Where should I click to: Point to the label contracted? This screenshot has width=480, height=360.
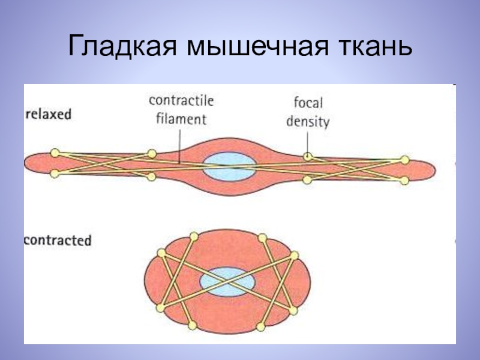pyautogui.click(x=58, y=241)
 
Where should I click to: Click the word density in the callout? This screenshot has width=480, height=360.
pyautogui.click(x=308, y=122)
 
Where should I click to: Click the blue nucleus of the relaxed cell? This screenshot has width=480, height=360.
pyautogui.click(x=229, y=166)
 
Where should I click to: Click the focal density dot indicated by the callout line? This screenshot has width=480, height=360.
pyautogui.click(x=307, y=157)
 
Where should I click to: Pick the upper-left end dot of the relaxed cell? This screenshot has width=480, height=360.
pyautogui.click(x=55, y=152)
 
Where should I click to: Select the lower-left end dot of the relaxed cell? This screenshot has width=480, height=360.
pyautogui.click(x=55, y=174)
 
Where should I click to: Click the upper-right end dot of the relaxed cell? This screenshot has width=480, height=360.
pyautogui.click(x=405, y=160)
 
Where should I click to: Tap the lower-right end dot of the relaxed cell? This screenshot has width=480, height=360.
pyautogui.click(x=404, y=181)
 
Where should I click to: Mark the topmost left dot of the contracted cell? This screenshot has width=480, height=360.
pyautogui.click(x=193, y=236)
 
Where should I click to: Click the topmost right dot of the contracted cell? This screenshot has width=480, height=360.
pyautogui.click(x=262, y=237)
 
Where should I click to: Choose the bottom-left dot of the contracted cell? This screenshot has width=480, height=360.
pyautogui.click(x=192, y=326)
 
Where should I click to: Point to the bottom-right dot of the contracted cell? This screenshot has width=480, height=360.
pyautogui.click(x=261, y=326)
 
